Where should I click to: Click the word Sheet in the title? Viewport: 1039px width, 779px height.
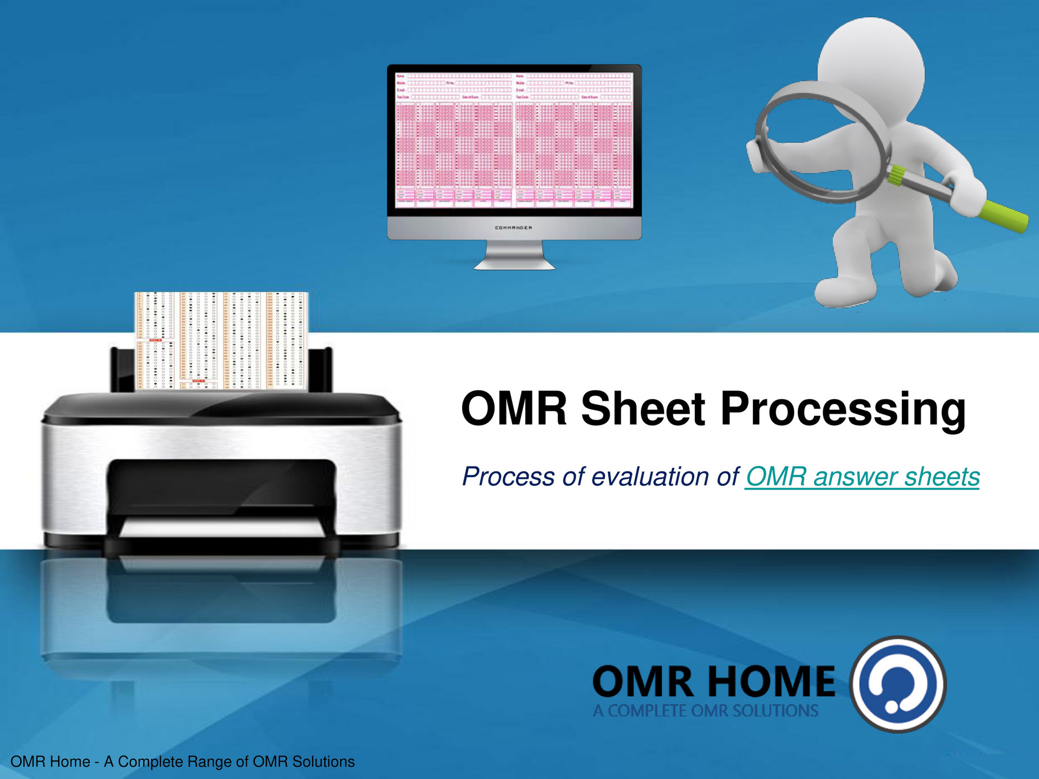pyautogui.click(x=642, y=409)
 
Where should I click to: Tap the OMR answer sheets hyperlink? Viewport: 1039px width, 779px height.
pyautogui.click(x=862, y=477)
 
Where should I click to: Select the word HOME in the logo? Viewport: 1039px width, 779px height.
pyautogui.click(x=771, y=682)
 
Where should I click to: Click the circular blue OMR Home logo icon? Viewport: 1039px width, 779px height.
pyautogui.click(x=897, y=684)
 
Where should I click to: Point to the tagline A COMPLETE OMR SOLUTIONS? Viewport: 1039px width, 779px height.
pyautogui.click(x=705, y=711)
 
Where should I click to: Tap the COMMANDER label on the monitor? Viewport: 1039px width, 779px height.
pyautogui.click(x=513, y=228)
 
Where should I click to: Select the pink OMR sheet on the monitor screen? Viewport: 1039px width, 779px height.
pyautogui.click(x=513, y=141)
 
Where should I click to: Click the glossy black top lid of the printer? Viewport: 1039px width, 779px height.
pyautogui.click(x=221, y=406)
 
